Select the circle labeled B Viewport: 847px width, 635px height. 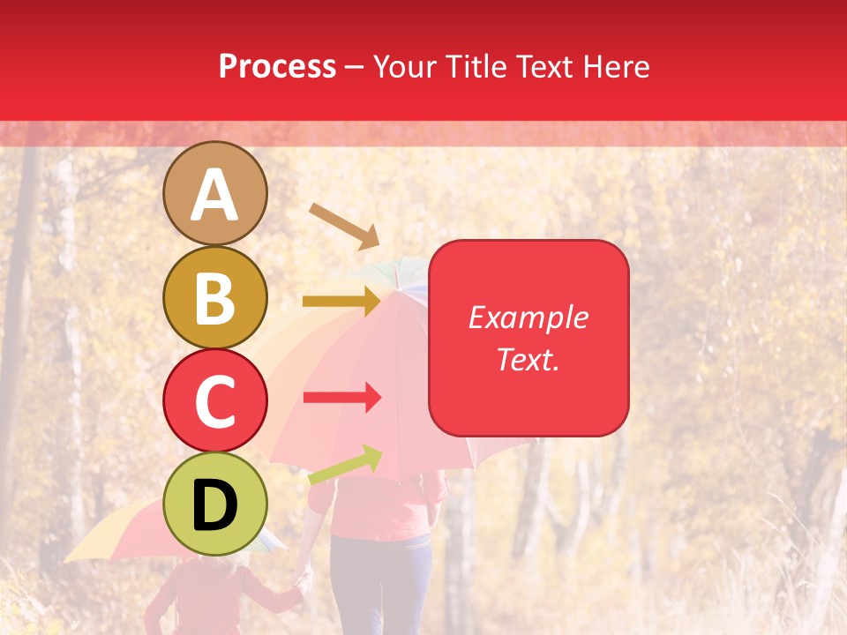pyautogui.click(x=214, y=297)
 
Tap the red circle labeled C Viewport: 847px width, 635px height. pyautogui.click(x=214, y=400)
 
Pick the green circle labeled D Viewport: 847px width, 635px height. pyautogui.click(x=214, y=504)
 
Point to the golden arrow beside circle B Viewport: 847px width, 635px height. pyautogui.click(x=341, y=301)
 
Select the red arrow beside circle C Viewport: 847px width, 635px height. pyautogui.click(x=341, y=397)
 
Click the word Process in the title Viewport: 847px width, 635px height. pyautogui.click(x=277, y=66)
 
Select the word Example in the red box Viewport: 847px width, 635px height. pyautogui.click(x=528, y=317)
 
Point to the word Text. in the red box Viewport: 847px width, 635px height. pyautogui.click(x=528, y=359)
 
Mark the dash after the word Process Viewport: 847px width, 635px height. pyautogui.click(x=355, y=68)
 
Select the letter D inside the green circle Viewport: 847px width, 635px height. pyautogui.click(x=214, y=505)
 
